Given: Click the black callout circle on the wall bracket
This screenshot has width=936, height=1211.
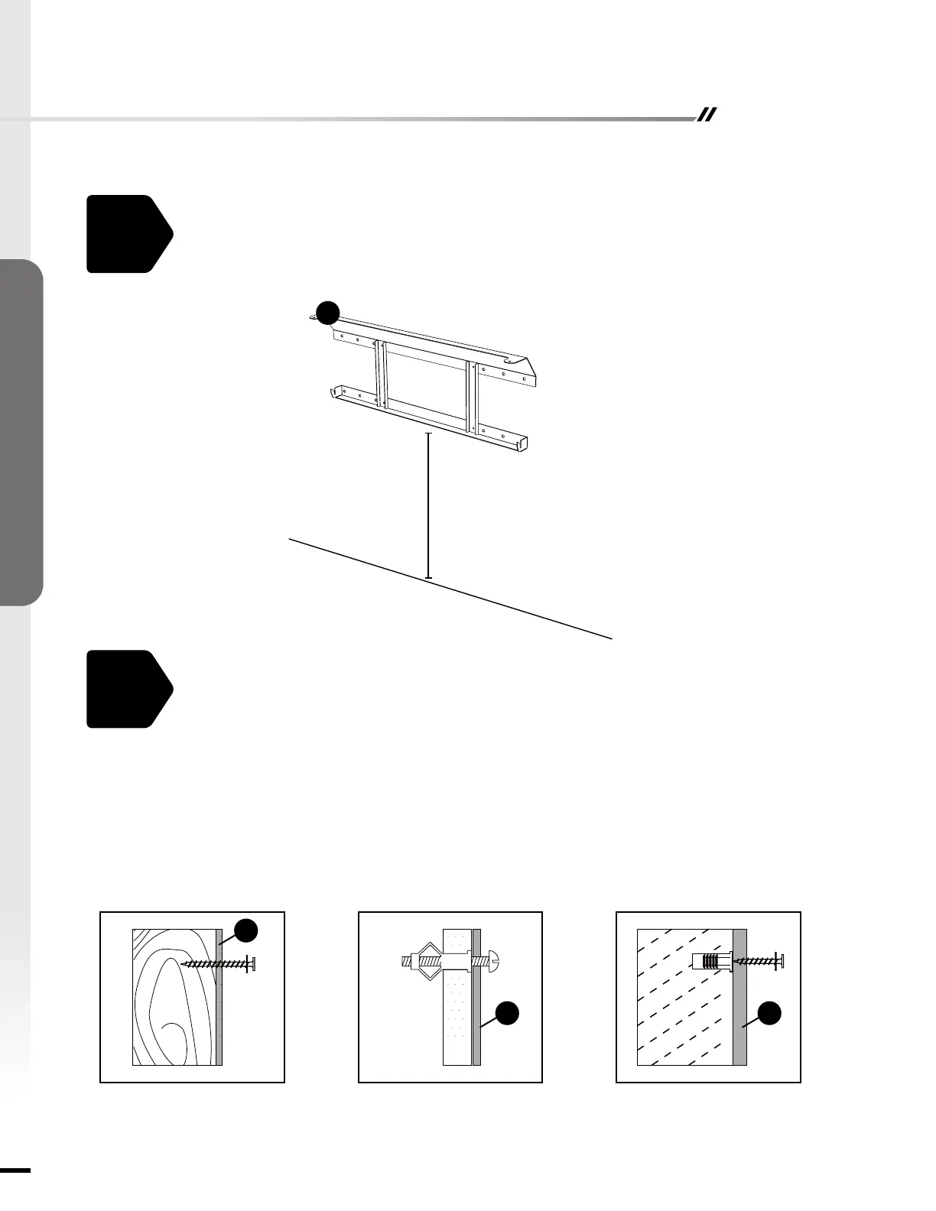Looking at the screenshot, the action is coord(328,312).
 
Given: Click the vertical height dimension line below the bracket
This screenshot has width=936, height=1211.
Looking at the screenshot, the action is coord(428,505).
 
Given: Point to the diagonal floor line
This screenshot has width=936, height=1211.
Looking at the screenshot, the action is coord(451,589).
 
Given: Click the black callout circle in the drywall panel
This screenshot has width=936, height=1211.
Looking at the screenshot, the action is coord(507,1013).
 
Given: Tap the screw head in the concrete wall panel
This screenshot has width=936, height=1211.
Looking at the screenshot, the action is coord(781,961).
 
